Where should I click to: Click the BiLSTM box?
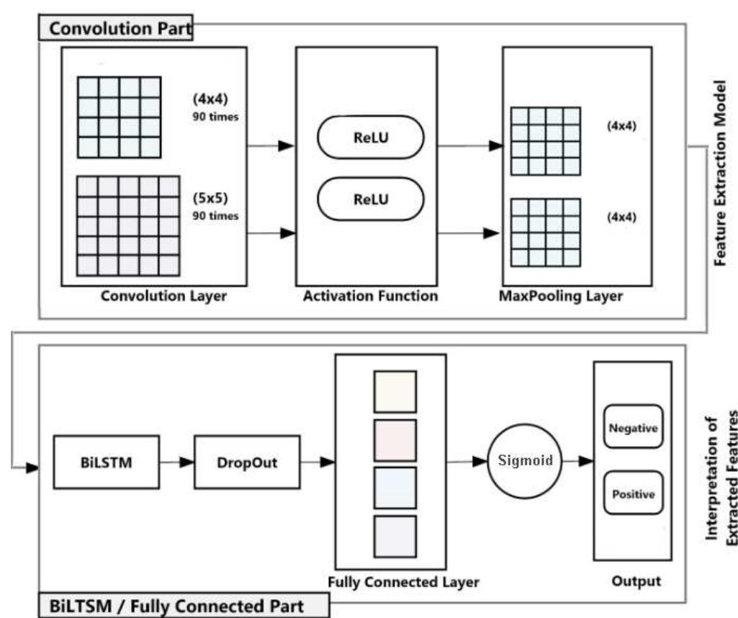coord(106,462)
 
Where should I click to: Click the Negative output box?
coord(633,428)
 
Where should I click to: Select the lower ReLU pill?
coord(370,200)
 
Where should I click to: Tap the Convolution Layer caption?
coord(163,296)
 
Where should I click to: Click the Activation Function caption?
coord(370,296)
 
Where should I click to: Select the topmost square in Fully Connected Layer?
coord(395,392)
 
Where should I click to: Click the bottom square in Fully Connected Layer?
coord(395,536)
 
